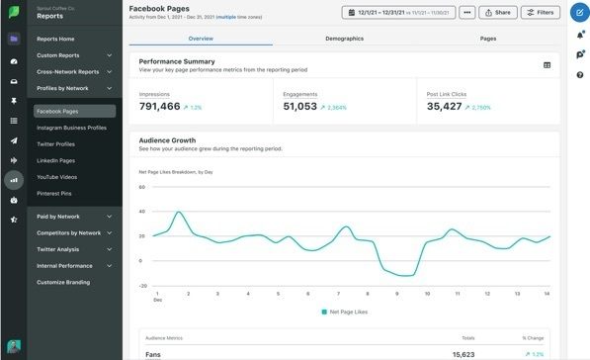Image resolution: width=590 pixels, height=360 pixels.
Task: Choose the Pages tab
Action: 487,38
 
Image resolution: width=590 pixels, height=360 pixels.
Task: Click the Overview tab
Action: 201,38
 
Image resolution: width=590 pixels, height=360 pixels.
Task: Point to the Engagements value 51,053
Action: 299,106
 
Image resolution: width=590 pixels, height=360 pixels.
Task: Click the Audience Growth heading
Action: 167,140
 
